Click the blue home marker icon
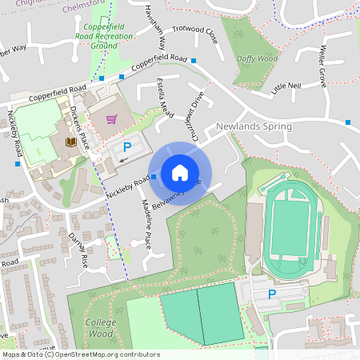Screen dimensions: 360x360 (180, 172)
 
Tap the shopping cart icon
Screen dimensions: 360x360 (111, 119)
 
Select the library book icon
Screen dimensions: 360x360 (69, 142)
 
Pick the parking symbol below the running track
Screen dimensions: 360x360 (271, 295)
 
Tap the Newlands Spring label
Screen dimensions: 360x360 (254, 126)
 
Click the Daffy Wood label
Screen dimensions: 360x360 (257, 58)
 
